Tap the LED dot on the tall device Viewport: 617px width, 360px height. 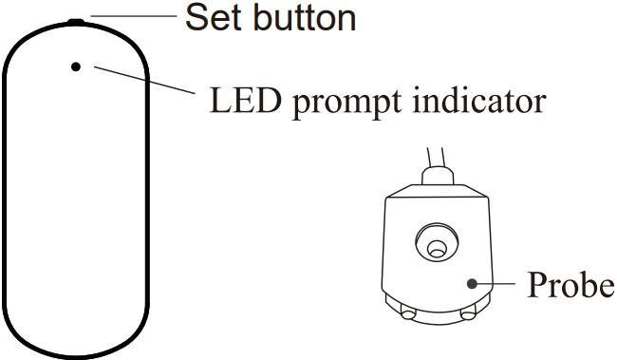[x=76, y=66]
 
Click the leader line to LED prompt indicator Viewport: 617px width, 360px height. [x=142, y=83]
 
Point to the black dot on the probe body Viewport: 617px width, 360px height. [x=472, y=282]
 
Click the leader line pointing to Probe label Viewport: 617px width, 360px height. [x=498, y=282]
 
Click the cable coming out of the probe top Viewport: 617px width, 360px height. [x=432, y=156]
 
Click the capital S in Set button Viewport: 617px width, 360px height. [x=196, y=16]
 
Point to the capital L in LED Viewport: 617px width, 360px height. [x=218, y=98]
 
